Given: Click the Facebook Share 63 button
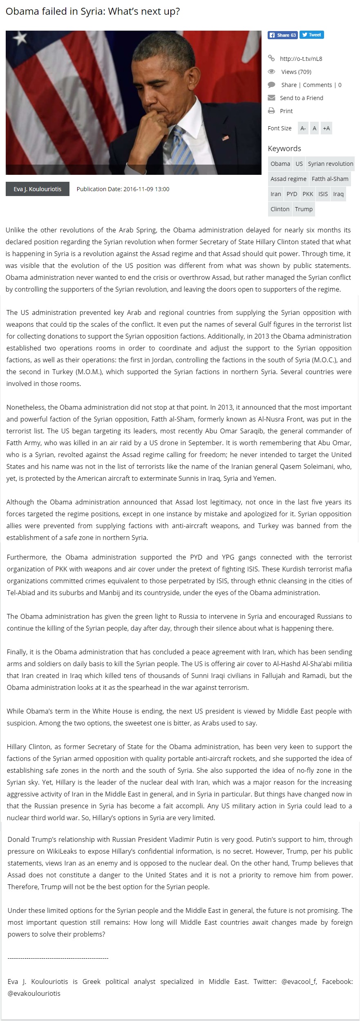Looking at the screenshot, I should pos(282,35).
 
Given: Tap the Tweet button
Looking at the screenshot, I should pos(312,35).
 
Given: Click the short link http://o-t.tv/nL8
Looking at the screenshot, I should pos(301,58).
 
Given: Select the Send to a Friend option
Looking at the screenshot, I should pos(301,98).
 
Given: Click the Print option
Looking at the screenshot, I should pos(286,111).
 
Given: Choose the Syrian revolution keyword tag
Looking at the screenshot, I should pos(330,164).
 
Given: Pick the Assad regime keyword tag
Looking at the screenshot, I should pos(288,179).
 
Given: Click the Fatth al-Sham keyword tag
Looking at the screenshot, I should pos(330,179).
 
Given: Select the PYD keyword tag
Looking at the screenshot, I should pos(292,194).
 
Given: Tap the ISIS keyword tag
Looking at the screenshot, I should pos(323,194).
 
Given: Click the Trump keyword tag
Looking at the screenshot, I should pos(304,209).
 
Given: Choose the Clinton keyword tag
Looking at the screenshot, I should pos(280,209).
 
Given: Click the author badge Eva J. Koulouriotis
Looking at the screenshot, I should pos(38,189).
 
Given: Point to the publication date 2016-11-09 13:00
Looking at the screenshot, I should pos(123,189).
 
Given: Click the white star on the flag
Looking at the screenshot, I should pos(20,39).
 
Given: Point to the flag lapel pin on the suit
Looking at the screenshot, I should pos(226,138).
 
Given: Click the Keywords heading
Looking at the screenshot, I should pos(284,149).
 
